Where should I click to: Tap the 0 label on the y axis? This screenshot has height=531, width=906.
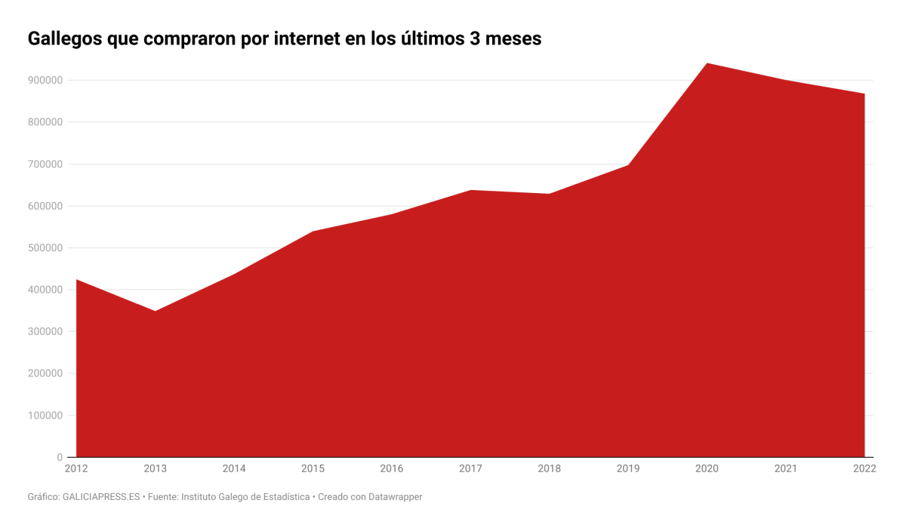pyautogui.click(x=60, y=457)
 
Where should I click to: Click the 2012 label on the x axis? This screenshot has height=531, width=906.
pyautogui.click(x=76, y=469)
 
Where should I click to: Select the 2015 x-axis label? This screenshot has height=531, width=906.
pyautogui.click(x=313, y=469)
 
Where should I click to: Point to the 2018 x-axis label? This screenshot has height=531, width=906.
pyautogui.click(x=549, y=469)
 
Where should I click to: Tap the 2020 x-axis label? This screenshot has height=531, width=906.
pyautogui.click(x=707, y=469)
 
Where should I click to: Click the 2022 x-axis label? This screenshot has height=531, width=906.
pyautogui.click(x=864, y=469)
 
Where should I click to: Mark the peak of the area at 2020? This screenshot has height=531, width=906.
pyautogui.click(x=707, y=63)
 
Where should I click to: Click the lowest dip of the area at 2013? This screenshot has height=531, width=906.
pyautogui.click(x=155, y=311)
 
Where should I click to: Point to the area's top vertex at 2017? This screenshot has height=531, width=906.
pyautogui.click(x=470, y=190)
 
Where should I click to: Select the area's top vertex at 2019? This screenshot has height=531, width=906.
pyautogui.click(x=628, y=164)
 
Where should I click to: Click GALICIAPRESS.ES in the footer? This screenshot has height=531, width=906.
pyautogui.click(x=101, y=497)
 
